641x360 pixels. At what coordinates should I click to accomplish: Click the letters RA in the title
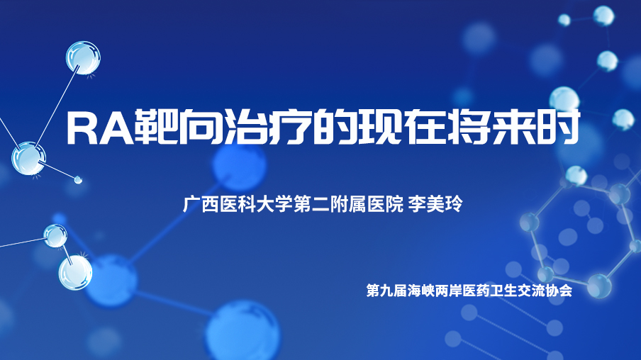click(100, 127)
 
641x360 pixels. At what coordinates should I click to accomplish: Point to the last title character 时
click(559, 127)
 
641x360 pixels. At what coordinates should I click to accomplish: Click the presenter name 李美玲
click(435, 204)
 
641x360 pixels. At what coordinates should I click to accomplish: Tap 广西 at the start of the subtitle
click(201, 204)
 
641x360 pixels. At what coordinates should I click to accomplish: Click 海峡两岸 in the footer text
click(435, 291)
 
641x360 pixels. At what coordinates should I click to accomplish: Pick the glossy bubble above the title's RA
click(83, 57)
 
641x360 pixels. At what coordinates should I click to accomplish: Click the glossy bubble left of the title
click(28, 159)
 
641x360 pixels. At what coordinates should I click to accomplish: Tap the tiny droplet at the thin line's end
click(78, 179)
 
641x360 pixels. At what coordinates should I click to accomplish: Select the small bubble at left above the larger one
click(55, 236)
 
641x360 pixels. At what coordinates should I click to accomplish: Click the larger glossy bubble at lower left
click(75, 272)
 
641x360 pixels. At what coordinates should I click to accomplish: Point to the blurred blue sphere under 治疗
click(239, 167)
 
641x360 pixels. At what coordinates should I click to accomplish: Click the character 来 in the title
click(514, 127)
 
